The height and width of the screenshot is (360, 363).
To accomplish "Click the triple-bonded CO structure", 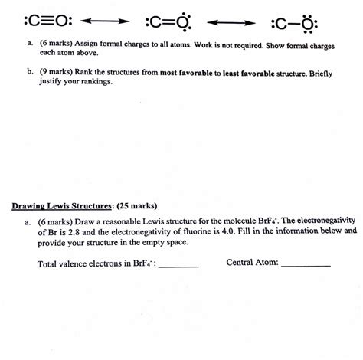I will (x=34, y=18).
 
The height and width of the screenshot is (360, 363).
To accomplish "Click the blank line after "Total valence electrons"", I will (x=178, y=264).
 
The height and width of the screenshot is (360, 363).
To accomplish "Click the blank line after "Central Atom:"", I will (x=306, y=264).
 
